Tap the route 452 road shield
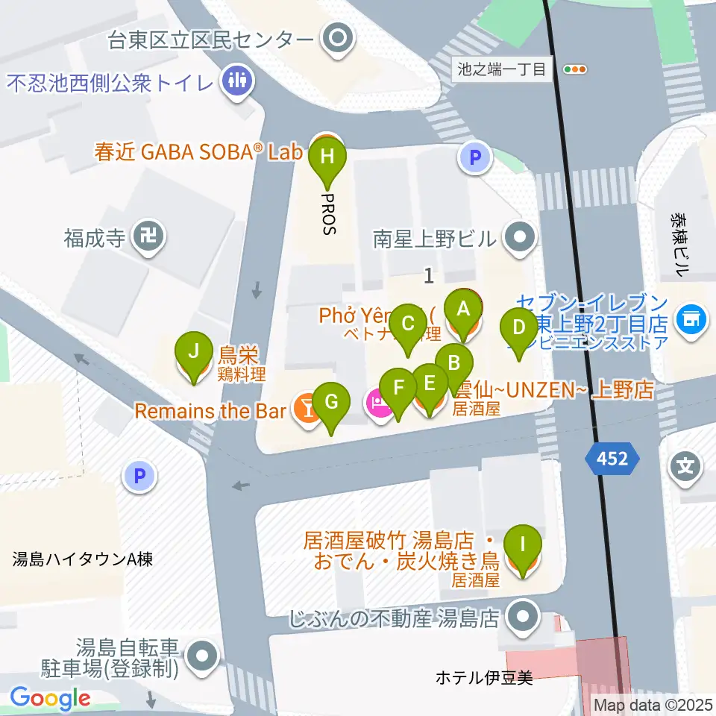tap(612, 459)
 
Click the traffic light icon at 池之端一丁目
tap(576, 69)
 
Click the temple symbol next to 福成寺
tap(148, 239)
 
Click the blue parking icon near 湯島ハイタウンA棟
tap(140, 475)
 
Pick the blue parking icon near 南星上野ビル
tap(474, 157)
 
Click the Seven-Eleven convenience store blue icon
tap(691, 319)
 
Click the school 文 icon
tap(685, 468)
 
